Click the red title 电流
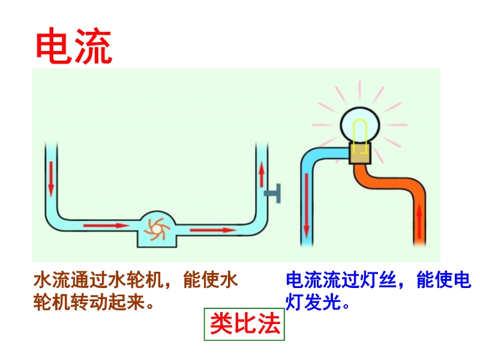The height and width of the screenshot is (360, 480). pos(74,46)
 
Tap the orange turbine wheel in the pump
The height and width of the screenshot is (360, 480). pos(157,229)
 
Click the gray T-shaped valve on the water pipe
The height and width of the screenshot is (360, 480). pos(273,193)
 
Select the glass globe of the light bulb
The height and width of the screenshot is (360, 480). pos(360,125)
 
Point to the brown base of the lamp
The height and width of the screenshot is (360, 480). pos(360,153)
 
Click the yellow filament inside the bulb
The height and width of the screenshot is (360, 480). pos(359,136)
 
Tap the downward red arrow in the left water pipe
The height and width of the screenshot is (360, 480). pos(51,179)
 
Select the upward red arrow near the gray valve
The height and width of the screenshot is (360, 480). pos(262,175)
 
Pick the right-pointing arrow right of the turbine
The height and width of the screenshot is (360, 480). pos(214,230)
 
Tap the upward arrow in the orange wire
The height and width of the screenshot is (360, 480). pos(419,223)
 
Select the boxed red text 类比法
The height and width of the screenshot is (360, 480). pos(245,324)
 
